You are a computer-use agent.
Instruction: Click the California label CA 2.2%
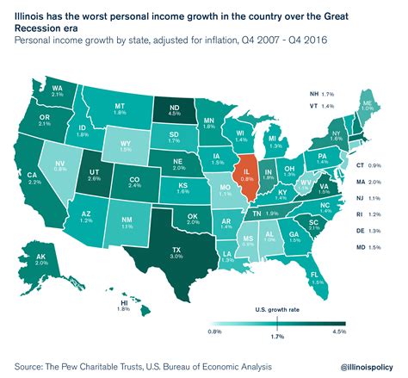coord(34,178)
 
